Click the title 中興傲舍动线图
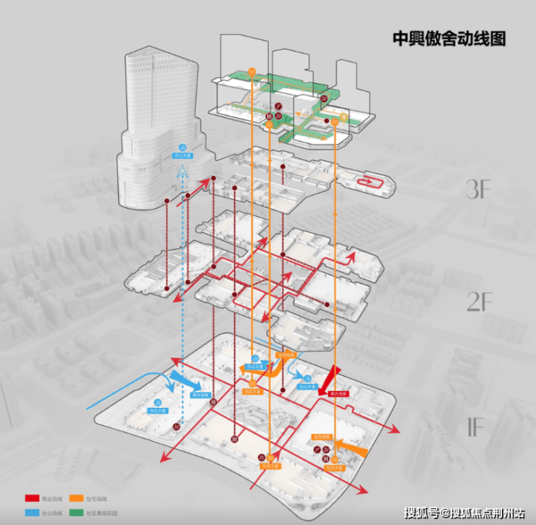point(448,38)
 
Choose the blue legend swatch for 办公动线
point(32,512)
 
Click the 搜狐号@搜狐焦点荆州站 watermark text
point(464,513)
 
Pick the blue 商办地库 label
point(201,396)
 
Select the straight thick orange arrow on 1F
point(351,448)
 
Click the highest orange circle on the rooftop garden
point(252,71)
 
